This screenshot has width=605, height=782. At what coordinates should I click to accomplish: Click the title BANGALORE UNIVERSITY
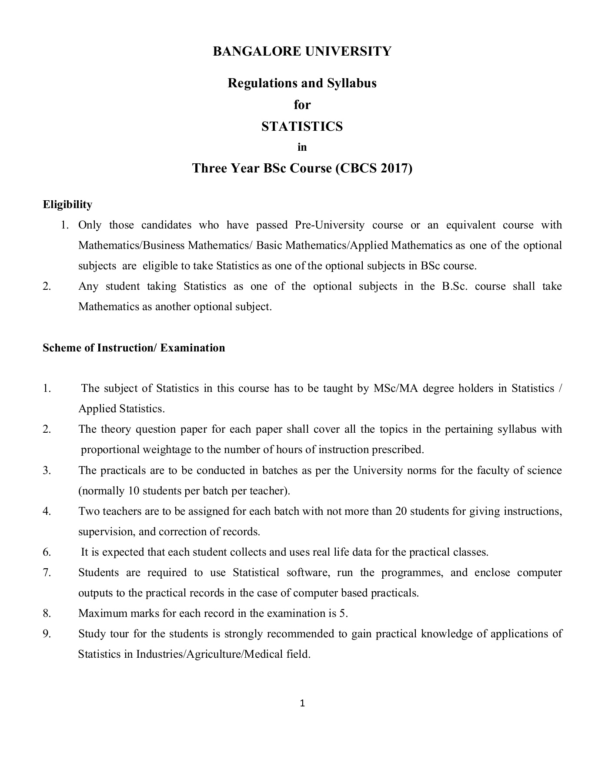pos(302,51)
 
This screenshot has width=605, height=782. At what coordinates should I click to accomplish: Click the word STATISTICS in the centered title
pos(302,126)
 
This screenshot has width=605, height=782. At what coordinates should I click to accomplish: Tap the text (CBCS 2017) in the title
pos(374,168)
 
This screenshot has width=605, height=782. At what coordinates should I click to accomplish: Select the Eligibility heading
pos(67,204)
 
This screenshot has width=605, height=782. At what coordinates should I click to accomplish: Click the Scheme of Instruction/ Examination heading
pos(134,348)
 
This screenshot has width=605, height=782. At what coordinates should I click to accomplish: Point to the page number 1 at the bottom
pos(303,703)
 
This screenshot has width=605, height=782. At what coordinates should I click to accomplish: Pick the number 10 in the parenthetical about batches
pos(133,491)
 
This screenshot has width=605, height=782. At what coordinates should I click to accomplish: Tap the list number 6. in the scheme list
pos(47,552)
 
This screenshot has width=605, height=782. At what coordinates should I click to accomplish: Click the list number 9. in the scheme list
pos(47,634)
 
